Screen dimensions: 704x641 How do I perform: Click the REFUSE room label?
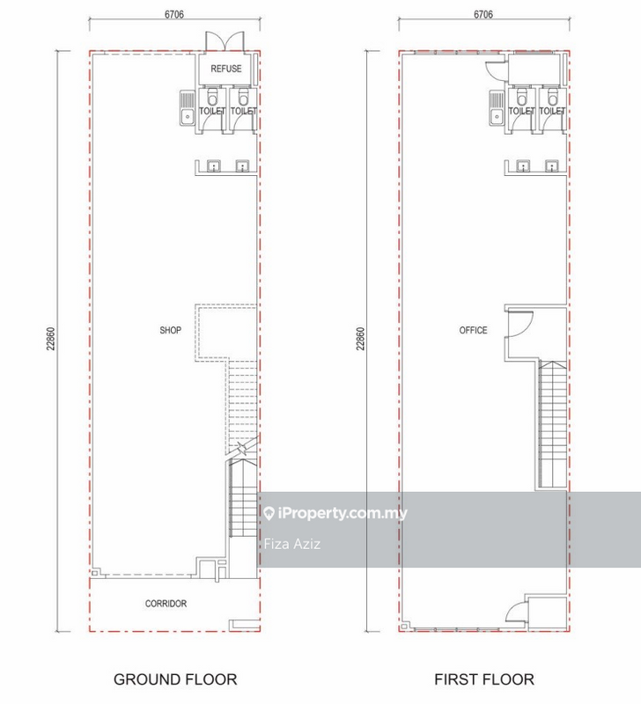coord(226,68)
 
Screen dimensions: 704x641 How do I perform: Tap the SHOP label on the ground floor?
coord(171,331)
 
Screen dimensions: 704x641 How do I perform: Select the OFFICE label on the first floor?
coord(473,331)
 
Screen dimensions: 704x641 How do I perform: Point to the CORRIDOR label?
coord(166,604)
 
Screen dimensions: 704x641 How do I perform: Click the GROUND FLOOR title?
coord(175,679)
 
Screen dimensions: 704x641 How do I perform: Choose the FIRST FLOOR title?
coord(483,679)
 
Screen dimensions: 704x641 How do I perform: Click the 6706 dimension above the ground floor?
coord(173,14)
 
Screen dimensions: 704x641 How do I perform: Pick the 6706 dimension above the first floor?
coord(483,14)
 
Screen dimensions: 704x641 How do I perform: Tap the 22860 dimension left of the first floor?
coord(359,340)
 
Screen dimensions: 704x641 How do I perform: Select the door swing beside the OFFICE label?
coord(520,326)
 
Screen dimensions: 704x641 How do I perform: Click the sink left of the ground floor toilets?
coord(188,109)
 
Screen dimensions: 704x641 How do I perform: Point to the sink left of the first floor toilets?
coord(495,109)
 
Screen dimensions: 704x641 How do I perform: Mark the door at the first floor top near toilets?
coord(493,74)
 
